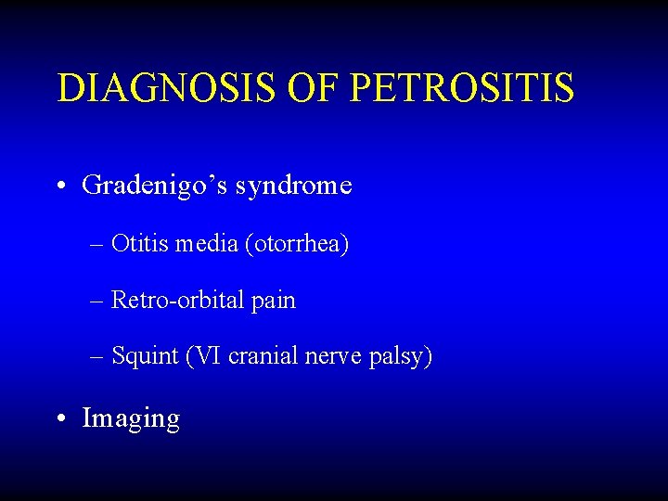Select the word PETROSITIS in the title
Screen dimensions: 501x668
point(464,88)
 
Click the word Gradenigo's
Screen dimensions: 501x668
point(155,186)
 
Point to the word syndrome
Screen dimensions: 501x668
point(294,186)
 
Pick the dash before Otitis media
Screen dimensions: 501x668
point(98,245)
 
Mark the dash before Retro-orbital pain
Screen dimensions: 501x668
point(98,301)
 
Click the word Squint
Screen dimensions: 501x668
point(145,356)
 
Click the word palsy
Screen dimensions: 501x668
point(401,357)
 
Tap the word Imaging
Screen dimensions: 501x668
point(131,418)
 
